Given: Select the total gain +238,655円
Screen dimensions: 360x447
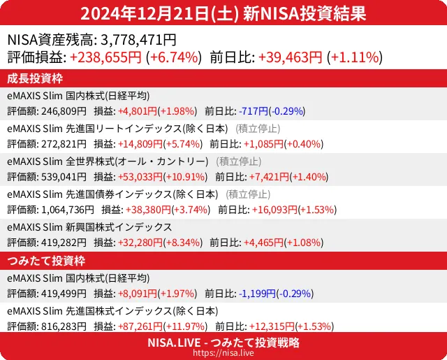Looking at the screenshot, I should pyautogui.click(x=106, y=57).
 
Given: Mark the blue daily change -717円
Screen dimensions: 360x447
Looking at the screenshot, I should pyautogui.click(x=253, y=111).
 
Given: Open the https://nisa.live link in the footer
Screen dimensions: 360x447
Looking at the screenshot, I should pyautogui.click(x=223, y=354).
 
